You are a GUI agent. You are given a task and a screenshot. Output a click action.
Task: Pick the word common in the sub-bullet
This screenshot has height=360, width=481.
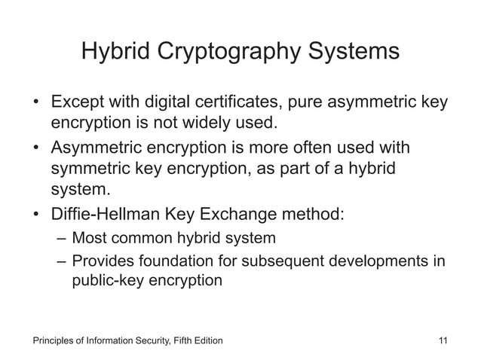point(141,239)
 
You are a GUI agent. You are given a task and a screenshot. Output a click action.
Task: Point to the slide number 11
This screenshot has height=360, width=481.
point(443,340)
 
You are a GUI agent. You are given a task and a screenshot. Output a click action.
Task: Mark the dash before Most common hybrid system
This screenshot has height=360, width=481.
point(61,239)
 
